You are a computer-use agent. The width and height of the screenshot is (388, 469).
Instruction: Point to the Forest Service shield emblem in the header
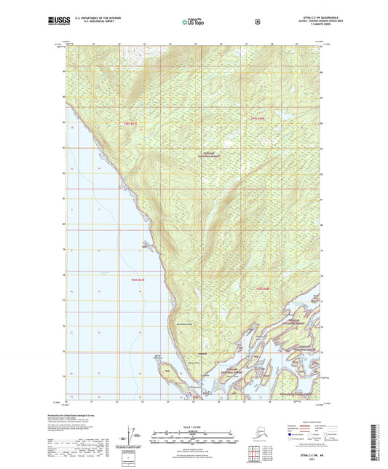click(257, 22)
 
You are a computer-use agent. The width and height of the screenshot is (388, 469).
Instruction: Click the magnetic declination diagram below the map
click(130, 438)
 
